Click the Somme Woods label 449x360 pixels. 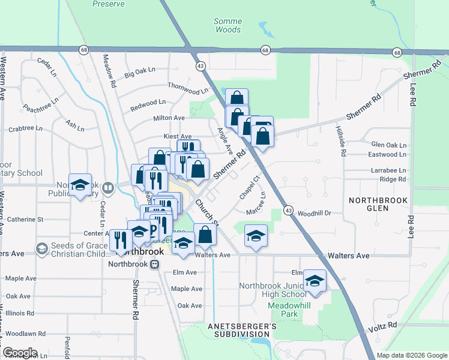(228, 25)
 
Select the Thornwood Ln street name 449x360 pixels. (187, 88)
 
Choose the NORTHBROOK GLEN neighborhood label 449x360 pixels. (377, 204)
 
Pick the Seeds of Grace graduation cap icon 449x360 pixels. (41, 248)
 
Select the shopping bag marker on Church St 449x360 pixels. (205, 235)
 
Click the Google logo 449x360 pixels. (20, 353)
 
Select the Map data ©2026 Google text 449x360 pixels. (411, 355)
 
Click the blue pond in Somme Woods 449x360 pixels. (264, 28)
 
